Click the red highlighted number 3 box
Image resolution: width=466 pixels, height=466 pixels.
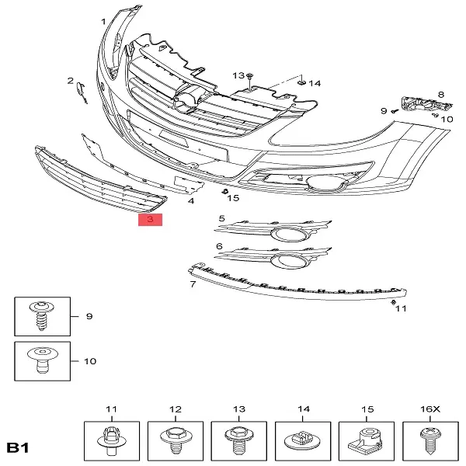pyautogui.click(x=150, y=220)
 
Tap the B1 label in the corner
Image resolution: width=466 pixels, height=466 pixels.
pyautogui.click(x=18, y=447)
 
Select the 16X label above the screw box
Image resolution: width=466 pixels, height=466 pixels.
pyautogui.click(x=429, y=409)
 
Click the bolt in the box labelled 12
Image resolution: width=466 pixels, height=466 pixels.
pyautogui.click(x=176, y=440)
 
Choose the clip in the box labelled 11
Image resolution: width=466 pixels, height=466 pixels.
pyautogui.click(x=112, y=440)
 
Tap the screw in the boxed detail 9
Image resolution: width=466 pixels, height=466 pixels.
pyautogui.click(x=42, y=316)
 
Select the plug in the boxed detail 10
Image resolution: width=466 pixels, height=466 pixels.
pyautogui.click(x=43, y=360)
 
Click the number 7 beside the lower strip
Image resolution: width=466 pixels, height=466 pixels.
pyautogui.click(x=193, y=284)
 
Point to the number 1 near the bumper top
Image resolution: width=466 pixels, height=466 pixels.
pyautogui.click(x=103, y=22)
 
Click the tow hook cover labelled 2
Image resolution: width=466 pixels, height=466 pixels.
pyautogui.click(x=82, y=93)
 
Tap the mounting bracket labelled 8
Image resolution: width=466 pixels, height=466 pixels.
pyautogui.click(x=426, y=104)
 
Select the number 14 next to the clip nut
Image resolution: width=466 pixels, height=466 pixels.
pyautogui.click(x=315, y=84)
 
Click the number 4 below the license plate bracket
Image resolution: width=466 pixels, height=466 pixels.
pyautogui.click(x=191, y=201)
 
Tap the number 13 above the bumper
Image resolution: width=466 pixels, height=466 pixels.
pyautogui.click(x=238, y=75)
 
